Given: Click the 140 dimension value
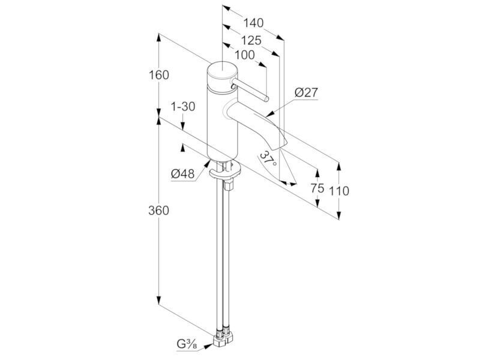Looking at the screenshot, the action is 253,23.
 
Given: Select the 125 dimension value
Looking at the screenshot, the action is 251,40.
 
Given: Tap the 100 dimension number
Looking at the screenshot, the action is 245,55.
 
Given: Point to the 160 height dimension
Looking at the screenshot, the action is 158,74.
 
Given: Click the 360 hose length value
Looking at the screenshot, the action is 158,211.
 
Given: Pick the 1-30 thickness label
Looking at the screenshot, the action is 183,107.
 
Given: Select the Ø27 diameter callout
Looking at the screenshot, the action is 307,92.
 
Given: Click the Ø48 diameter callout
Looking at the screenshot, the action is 183,174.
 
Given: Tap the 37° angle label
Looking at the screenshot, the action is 268,159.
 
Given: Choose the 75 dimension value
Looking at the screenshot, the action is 317,188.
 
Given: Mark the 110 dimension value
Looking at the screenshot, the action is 339,191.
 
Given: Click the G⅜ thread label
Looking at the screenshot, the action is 187,344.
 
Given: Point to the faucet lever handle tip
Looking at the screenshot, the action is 266,99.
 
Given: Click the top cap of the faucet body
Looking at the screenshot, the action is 222,73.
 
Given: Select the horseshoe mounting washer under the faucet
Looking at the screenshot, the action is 224,172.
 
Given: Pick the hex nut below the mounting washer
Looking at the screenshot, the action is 229,185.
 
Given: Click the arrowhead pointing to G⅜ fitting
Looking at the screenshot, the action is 209,346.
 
